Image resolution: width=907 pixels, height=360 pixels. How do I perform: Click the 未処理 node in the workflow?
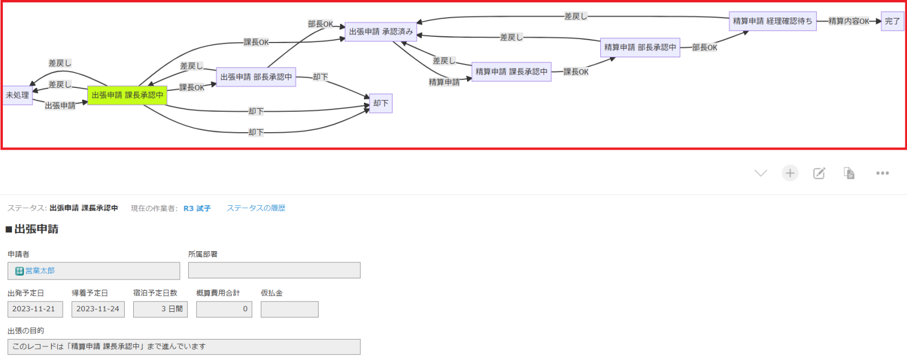(x=18, y=95)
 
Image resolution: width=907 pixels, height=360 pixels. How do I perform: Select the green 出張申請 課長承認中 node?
(x=127, y=95)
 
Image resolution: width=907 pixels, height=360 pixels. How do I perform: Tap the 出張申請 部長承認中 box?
(x=256, y=77)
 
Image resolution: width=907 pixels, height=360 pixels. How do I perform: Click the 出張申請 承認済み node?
(x=381, y=32)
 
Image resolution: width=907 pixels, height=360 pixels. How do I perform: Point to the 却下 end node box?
(x=381, y=103)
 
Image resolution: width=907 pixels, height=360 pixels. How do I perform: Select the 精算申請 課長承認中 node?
(x=511, y=71)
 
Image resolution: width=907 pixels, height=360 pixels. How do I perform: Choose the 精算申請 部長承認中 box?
(x=640, y=48)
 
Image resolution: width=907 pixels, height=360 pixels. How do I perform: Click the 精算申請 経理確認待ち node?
(x=773, y=21)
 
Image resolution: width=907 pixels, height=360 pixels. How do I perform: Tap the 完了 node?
(x=892, y=21)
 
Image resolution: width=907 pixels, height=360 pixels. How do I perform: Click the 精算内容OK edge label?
(x=849, y=21)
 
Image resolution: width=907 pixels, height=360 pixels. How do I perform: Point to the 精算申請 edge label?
(x=444, y=82)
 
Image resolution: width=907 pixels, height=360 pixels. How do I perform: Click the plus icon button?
(x=790, y=173)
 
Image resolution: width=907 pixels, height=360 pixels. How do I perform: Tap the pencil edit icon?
(x=819, y=173)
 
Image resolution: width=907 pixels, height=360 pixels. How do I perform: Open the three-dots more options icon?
(x=883, y=173)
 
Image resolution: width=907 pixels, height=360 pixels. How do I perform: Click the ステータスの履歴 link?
(x=256, y=208)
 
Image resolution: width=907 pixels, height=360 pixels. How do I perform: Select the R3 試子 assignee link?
(x=197, y=209)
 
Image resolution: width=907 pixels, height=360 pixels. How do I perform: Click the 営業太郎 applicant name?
(x=40, y=271)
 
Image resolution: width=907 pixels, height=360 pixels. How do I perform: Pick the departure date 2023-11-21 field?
(x=35, y=309)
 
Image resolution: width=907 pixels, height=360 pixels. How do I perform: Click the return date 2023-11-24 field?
(x=98, y=309)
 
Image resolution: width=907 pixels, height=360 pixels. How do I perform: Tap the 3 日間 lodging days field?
(x=160, y=309)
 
